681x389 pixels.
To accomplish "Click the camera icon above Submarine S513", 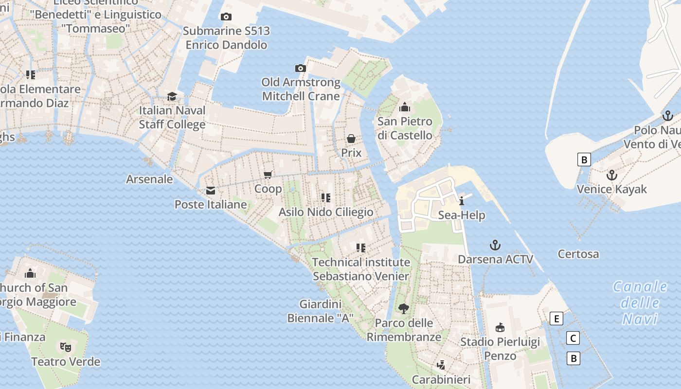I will click(x=226, y=17).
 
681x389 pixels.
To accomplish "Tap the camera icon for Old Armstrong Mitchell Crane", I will click(x=301, y=68).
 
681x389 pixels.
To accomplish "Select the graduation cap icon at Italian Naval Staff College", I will click(x=172, y=96).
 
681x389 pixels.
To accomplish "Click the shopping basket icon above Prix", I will click(x=351, y=139).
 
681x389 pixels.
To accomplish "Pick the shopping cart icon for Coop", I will click(x=268, y=175).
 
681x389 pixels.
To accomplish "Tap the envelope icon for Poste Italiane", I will click(x=211, y=191).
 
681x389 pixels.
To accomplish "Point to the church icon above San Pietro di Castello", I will click(x=404, y=107).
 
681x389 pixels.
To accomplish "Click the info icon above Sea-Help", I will click(x=462, y=201).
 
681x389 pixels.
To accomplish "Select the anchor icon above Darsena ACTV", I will click(x=495, y=245).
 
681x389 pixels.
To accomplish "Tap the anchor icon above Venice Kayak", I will click(x=611, y=175).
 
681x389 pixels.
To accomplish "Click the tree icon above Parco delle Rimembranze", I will click(x=403, y=308).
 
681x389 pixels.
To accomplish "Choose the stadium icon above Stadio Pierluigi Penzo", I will click(x=500, y=327).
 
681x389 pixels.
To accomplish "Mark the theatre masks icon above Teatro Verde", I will click(x=65, y=347).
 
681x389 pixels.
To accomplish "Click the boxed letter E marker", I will click(x=556, y=319).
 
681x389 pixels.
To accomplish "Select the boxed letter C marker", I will click(x=573, y=338).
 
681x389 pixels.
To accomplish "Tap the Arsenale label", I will click(x=149, y=179).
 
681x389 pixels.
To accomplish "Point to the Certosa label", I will click(x=578, y=254).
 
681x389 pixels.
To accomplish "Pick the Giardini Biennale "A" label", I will click(x=320, y=311).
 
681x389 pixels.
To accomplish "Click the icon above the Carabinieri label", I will click(x=441, y=365).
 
